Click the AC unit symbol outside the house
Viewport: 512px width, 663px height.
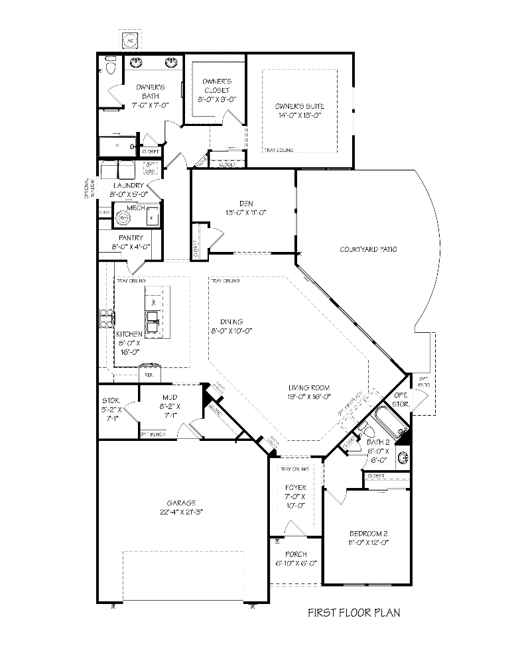point(129,40)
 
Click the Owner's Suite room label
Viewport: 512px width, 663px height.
point(299,110)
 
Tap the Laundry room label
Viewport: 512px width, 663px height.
point(128,186)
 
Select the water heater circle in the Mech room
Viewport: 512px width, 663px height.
point(123,218)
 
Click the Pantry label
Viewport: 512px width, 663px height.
point(131,237)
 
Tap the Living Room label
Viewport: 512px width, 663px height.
point(309,388)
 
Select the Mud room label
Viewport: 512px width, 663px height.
point(170,398)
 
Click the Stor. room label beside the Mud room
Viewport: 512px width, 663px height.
point(110,400)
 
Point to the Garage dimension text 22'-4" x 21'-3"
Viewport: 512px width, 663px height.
point(182,512)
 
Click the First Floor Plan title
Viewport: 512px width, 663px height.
point(353,613)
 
